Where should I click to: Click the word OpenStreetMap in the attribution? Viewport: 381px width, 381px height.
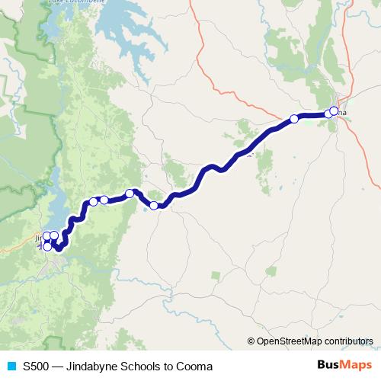(288, 341)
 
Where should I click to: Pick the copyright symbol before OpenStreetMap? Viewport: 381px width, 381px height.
(251, 341)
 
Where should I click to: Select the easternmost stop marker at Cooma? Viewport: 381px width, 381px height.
(334, 111)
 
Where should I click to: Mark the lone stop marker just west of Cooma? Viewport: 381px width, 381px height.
(294, 119)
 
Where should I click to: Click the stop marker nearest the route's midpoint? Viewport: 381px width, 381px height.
(154, 205)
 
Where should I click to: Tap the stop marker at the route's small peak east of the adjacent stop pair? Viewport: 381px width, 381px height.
(130, 194)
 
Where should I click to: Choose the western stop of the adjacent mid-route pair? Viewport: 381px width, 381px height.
(93, 202)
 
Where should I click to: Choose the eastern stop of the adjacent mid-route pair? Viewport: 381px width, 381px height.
(104, 200)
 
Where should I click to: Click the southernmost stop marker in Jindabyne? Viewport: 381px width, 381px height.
(47, 246)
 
